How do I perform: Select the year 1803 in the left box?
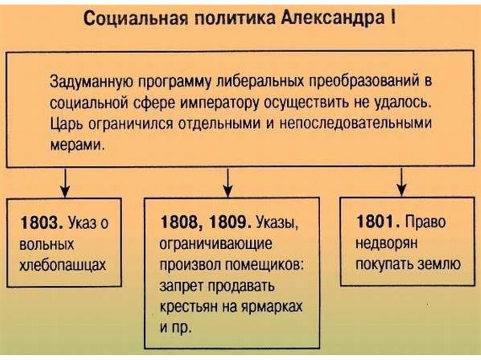click(39, 222)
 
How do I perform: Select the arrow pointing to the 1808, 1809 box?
click(228, 183)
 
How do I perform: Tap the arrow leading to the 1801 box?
click(402, 183)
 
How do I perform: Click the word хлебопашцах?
click(62, 265)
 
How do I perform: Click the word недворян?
click(388, 244)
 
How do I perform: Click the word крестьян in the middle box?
click(188, 306)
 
